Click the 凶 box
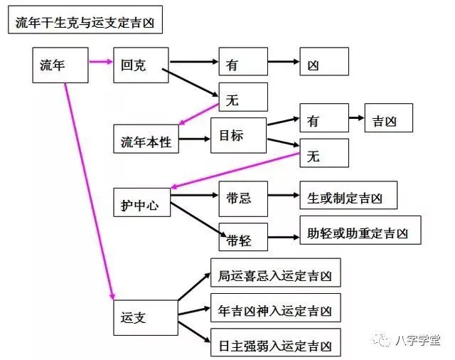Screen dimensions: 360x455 point(323,63)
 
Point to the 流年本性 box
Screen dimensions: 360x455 point(146,139)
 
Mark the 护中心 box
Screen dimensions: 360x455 point(141,203)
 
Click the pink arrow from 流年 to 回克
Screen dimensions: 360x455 point(101,63)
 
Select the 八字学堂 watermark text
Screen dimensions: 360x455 point(419,339)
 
